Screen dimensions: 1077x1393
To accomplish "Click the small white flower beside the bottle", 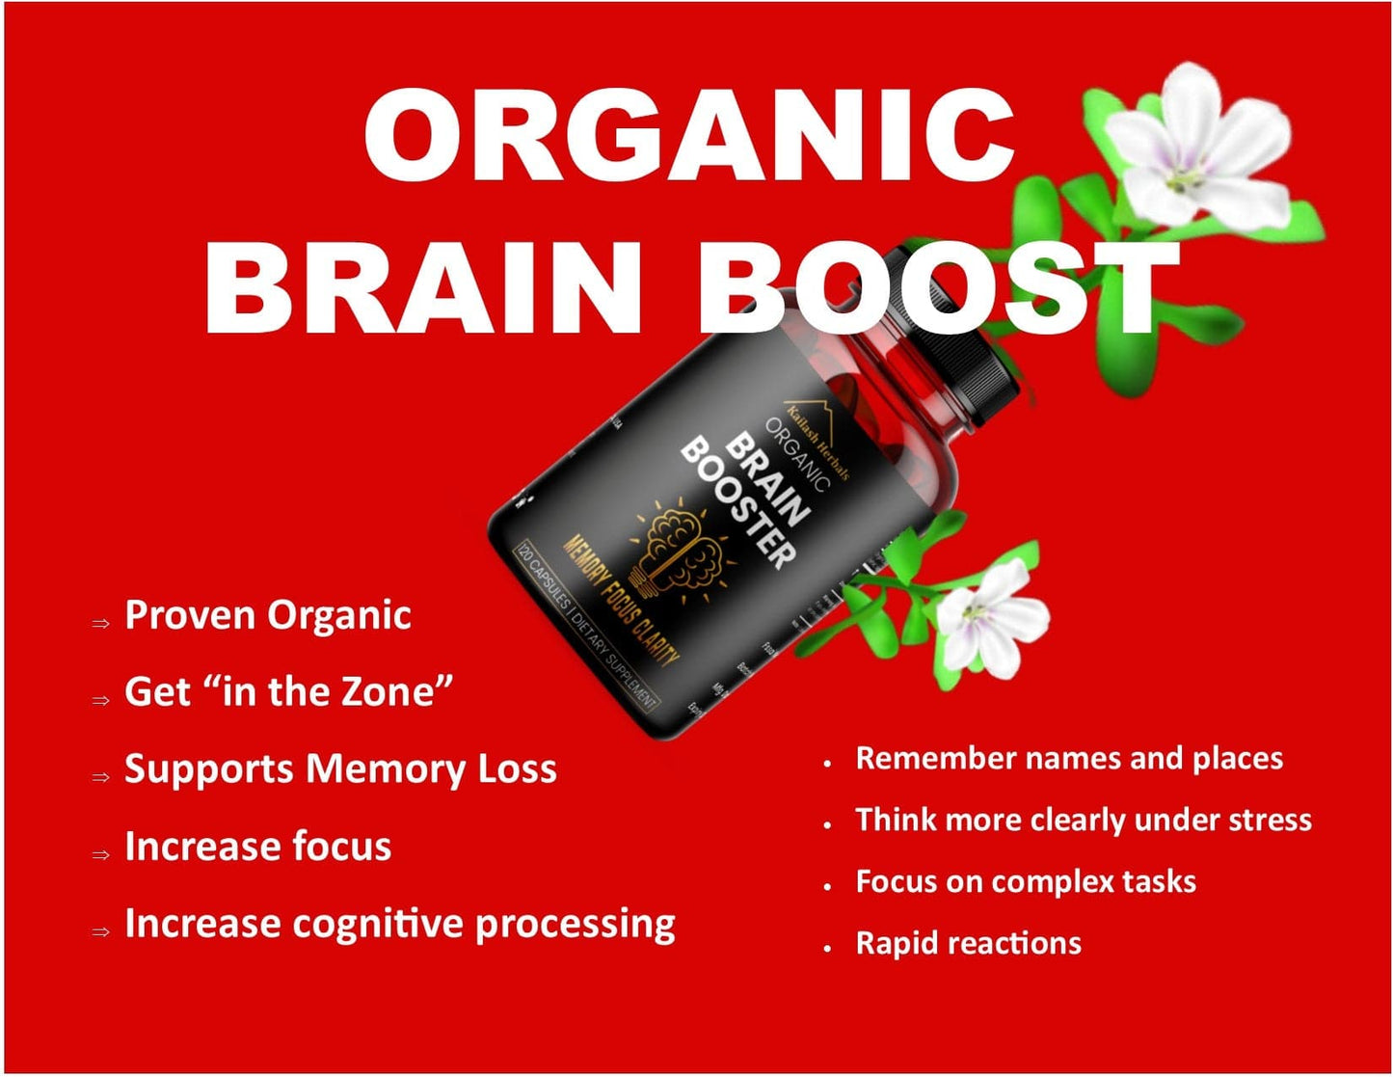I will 988,617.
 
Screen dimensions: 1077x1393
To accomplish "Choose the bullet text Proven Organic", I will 268,615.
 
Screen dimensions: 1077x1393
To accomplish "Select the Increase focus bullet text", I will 257,847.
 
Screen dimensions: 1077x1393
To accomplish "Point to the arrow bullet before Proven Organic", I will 101,623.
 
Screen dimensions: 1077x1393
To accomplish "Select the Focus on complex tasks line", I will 1026,881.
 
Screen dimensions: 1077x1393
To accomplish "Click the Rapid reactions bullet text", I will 968,943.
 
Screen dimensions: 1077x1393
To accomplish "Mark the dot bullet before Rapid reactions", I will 828,949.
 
